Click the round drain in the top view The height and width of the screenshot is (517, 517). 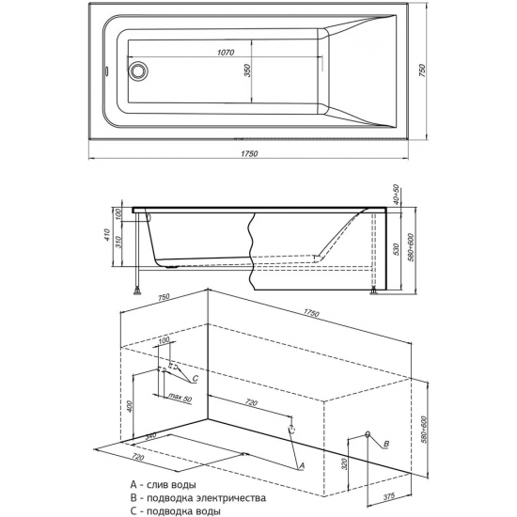[137, 70]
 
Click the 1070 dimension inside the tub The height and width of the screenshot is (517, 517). [226, 53]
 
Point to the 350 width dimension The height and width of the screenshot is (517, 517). [247, 70]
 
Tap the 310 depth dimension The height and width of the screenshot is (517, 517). [119, 242]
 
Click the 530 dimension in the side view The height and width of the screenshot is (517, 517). [396, 250]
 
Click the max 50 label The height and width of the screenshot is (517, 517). [180, 398]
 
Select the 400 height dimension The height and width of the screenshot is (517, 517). [130, 406]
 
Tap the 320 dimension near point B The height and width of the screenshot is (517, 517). [344, 463]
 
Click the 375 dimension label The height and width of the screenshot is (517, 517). [389, 496]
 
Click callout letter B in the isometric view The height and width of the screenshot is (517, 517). [387, 444]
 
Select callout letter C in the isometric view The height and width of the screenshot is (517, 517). [196, 379]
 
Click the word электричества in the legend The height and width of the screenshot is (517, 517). [231, 497]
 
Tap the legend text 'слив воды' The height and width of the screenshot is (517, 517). [171, 484]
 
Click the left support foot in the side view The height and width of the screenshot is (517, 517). [137, 290]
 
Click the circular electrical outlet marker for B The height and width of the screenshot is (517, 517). [368, 434]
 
